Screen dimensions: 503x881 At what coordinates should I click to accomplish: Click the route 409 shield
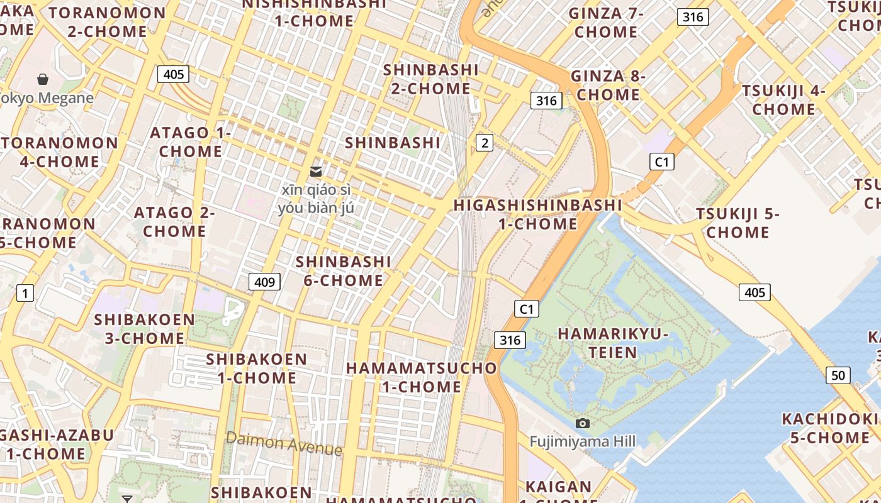[264, 282]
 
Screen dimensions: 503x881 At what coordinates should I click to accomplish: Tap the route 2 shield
[484, 143]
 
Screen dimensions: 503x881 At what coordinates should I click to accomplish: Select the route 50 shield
[838, 375]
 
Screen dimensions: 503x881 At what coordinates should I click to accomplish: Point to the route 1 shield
[25, 293]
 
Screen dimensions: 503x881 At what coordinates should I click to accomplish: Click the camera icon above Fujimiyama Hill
[583, 424]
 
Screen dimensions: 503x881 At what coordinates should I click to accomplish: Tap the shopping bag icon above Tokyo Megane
[43, 79]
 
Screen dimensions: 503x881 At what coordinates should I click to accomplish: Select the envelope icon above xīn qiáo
[316, 171]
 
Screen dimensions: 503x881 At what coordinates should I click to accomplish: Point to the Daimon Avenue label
[284, 443]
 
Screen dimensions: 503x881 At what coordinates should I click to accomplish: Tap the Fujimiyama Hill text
[582, 441]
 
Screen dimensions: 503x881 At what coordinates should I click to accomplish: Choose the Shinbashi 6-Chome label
[344, 271]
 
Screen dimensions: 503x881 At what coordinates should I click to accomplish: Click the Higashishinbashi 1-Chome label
[538, 214]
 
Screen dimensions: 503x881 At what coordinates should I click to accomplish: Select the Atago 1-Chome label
[190, 142]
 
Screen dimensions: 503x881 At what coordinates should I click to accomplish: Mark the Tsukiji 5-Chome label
[738, 223]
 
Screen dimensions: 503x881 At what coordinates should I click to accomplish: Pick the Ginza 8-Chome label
[608, 86]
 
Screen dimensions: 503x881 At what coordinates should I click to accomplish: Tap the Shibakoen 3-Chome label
[145, 329]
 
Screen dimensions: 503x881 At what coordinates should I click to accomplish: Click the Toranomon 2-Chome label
[108, 22]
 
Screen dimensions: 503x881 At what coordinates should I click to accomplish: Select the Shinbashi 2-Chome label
[431, 79]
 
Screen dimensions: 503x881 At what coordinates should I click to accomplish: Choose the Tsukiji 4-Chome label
[783, 100]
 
